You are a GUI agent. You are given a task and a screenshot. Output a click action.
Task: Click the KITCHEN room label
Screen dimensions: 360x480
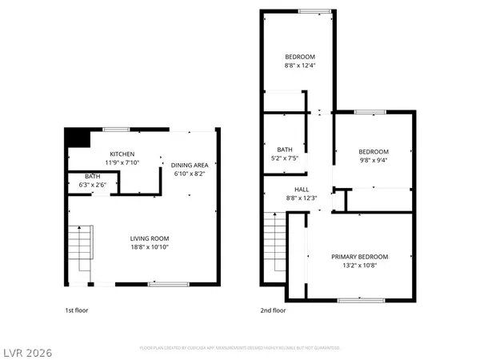pyautogui.click(x=122, y=154)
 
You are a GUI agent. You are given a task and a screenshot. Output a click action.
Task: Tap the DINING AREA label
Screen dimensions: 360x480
pyautogui.click(x=190, y=165)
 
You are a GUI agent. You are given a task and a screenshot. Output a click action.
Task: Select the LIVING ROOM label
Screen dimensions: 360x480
pyautogui.click(x=150, y=238)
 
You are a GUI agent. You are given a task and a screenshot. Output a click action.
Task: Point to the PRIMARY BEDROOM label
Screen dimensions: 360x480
pyautogui.click(x=360, y=257)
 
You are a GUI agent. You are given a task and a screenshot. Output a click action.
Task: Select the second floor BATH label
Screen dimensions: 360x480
pyautogui.click(x=285, y=149)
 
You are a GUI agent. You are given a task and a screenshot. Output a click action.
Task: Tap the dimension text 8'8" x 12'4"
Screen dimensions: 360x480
pyautogui.click(x=301, y=65)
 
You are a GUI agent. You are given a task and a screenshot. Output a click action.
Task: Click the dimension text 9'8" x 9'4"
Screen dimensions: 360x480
pyautogui.click(x=374, y=160)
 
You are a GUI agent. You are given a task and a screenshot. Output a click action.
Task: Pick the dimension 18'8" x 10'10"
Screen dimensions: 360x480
pyautogui.click(x=150, y=247)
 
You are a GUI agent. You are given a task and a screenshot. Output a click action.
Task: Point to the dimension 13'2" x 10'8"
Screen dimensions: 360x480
pyautogui.click(x=360, y=266)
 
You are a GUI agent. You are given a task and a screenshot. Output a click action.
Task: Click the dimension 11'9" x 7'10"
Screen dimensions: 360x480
pyautogui.click(x=122, y=162)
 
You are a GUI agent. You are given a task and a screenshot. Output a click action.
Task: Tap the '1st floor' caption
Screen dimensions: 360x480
pyautogui.click(x=76, y=310)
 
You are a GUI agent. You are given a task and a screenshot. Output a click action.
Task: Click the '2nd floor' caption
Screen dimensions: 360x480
pyautogui.click(x=273, y=310)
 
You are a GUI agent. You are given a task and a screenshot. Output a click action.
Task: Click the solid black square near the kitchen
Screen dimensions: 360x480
pyautogui.click(x=76, y=138)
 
